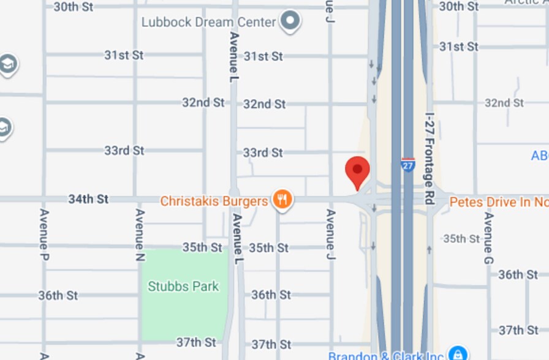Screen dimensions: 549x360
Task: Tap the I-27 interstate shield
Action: [x=408, y=165]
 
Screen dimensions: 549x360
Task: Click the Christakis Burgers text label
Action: [x=214, y=201]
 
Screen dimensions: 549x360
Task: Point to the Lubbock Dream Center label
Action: [x=208, y=22]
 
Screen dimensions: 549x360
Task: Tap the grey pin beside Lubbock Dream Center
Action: [x=290, y=21]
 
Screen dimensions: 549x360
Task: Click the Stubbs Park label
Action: [x=183, y=286]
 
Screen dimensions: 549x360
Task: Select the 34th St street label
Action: [x=88, y=199]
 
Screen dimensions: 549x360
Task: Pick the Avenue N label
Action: [x=140, y=235]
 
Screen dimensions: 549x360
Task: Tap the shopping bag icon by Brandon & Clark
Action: [x=457, y=353]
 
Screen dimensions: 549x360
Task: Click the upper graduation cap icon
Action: [x=7, y=64]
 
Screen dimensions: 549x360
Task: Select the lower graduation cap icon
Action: [x=4, y=127]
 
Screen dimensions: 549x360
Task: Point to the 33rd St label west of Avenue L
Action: [x=124, y=150]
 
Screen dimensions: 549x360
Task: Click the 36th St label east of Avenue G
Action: [x=518, y=274]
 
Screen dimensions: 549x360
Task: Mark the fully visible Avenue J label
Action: [x=331, y=234]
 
